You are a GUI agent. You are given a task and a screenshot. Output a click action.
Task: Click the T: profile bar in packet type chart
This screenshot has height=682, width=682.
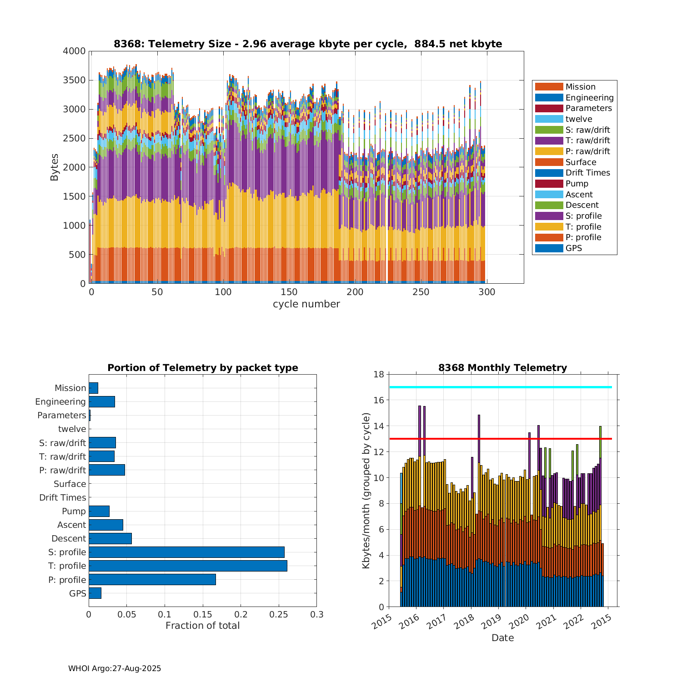(x=188, y=566)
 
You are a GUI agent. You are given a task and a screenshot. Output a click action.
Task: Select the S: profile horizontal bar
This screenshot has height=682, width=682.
(x=186, y=552)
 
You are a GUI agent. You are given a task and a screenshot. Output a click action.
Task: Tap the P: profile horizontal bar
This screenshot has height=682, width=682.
(x=152, y=580)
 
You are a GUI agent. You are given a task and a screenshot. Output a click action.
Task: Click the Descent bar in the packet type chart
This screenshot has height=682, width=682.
(x=110, y=538)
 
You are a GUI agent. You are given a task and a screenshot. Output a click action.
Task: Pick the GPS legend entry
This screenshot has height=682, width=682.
(x=574, y=248)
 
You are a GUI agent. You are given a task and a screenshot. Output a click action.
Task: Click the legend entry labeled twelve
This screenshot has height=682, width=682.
(x=579, y=119)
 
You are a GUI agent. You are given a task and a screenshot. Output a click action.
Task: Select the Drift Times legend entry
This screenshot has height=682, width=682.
(x=587, y=173)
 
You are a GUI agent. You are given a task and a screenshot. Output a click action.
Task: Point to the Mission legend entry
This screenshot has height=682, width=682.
(x=580, y=87)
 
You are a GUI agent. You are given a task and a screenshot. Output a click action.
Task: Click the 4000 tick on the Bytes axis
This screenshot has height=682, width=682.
(x=74, y=51)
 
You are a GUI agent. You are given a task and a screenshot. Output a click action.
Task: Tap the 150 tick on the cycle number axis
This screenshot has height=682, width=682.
(x=289, y=292)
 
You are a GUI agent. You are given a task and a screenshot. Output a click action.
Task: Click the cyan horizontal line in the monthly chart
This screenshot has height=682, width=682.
(x=500, y=387)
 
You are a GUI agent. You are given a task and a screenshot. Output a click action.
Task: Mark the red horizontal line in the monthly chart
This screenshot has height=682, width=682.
(x=500, y=439)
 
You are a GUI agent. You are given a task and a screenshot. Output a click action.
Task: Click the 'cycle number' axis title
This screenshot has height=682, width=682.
(x=306, y=304)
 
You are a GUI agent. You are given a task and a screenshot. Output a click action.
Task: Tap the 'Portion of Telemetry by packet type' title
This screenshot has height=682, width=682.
(x=202, y=368)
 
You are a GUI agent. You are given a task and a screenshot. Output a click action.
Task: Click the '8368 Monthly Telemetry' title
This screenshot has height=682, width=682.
(x=502, y=368)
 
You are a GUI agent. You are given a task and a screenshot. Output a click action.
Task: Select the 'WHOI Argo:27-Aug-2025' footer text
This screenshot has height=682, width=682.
(x=115, y=668)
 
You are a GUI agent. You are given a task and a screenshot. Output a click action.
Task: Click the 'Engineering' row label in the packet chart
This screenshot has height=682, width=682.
(x=60, y=401)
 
